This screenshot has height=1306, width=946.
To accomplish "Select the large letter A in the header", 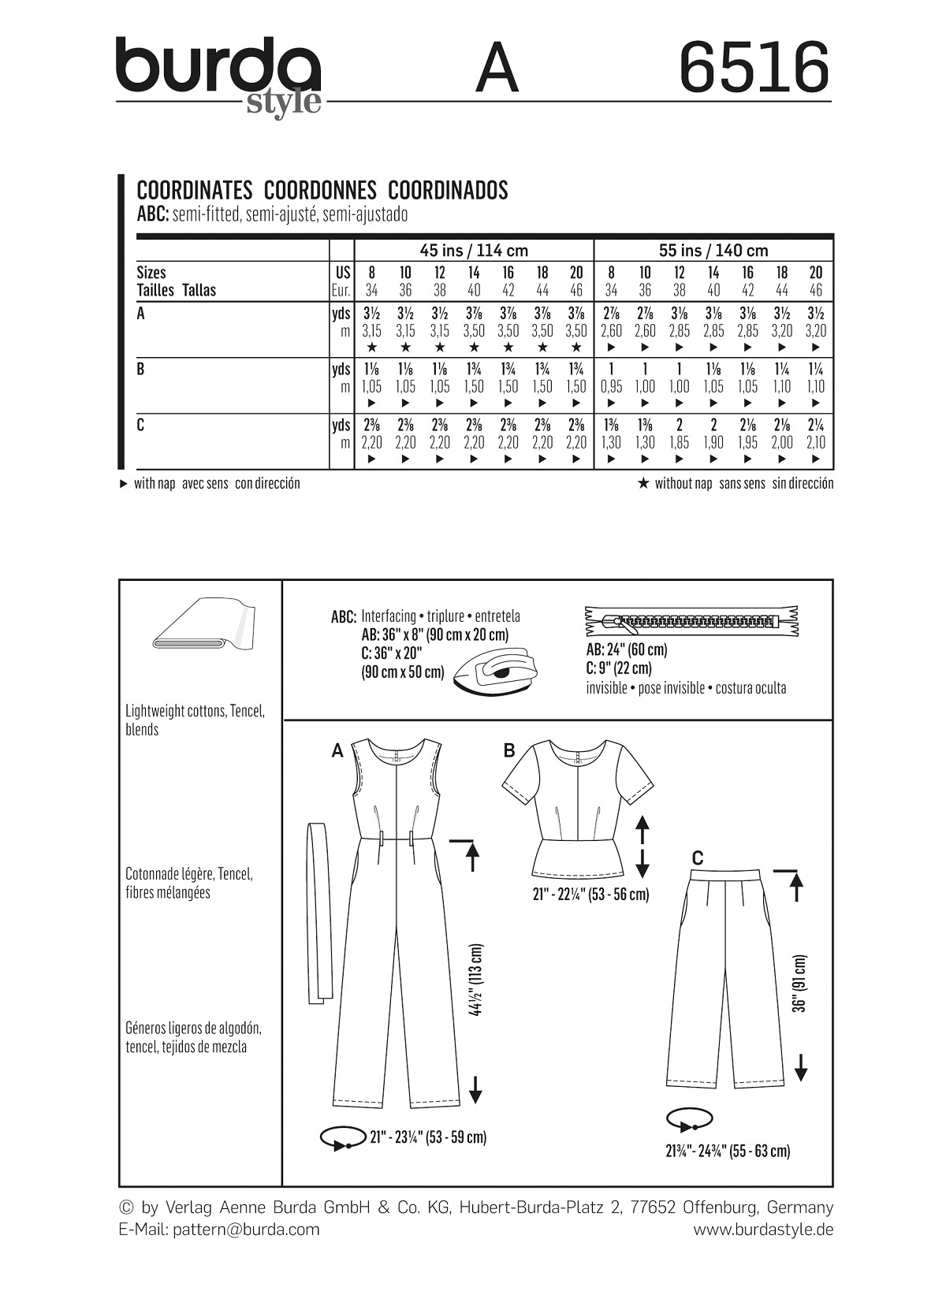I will tap(497, 69).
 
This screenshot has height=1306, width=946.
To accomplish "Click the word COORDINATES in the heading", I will tap(194, 191).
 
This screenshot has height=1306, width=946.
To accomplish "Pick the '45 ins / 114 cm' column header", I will tap(473, 251).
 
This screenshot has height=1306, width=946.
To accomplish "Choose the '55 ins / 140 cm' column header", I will tap(713, 251).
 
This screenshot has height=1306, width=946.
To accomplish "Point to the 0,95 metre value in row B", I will tap(611, 386).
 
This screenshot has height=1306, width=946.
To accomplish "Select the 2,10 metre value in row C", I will tap(815, 442).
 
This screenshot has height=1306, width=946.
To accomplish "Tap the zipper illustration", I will tap(691, 621).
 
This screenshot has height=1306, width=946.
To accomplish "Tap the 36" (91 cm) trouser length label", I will tap(801, 984).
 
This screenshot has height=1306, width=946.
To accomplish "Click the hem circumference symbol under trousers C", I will tap(689, 1120).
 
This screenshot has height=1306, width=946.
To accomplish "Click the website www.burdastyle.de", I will tap(762, 1230).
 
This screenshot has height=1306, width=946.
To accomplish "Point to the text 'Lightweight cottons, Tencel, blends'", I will tap(195, 720).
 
